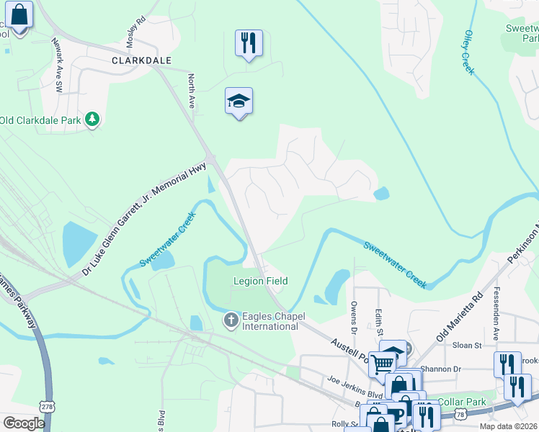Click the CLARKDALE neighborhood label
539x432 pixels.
(141, 61)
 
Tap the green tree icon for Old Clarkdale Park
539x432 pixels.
(92, 119)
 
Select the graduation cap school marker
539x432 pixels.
(239, 102)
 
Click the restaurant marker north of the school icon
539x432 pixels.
(249, 43)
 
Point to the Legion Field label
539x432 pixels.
(260, 281)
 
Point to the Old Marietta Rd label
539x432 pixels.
(459, 317)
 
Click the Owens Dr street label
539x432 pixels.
(354, 318)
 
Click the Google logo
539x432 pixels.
(24, 423)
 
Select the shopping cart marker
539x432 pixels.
(382, 364)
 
